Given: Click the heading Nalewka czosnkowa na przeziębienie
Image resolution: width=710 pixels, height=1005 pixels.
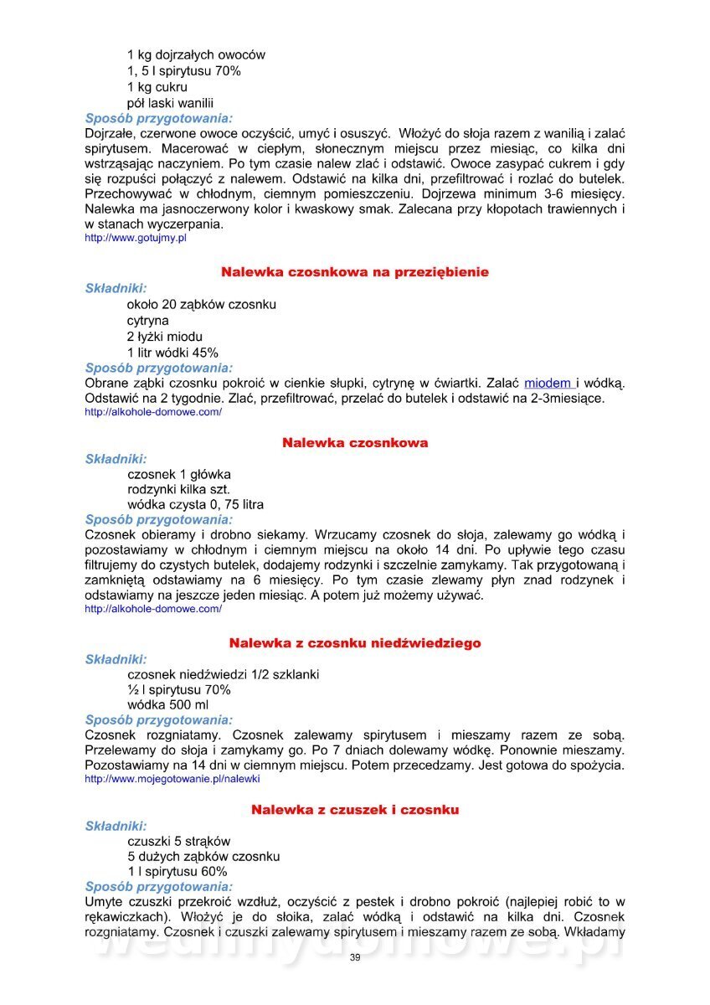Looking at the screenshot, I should coord(355,272).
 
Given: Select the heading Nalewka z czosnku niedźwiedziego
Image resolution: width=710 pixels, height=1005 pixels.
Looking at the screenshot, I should coord(355,643).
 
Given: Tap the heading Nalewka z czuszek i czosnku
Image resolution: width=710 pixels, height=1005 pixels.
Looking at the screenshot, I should coord(355,810).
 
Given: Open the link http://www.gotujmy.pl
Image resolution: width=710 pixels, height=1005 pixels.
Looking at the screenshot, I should coord(136,239).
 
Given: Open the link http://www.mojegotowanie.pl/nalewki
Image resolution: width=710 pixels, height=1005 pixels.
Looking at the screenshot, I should coord(172,778).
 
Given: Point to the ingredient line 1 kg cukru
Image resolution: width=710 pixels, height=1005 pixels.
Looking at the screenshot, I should coord(157,87).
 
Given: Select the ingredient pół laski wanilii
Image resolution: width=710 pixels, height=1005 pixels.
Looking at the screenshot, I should coord(171,103).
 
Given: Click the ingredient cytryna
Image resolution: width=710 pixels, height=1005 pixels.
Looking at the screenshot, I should coord(148,320).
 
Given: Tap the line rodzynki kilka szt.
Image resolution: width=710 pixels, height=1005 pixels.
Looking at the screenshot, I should coord(178,489).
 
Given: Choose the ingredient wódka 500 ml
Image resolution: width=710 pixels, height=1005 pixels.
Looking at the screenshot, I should coord(167,705).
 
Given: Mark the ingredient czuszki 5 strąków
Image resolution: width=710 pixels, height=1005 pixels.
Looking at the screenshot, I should coord(178,841).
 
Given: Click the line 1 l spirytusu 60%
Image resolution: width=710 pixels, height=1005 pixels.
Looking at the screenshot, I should coord(177,872).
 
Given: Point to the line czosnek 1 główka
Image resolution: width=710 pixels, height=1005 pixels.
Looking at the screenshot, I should coord(178,474).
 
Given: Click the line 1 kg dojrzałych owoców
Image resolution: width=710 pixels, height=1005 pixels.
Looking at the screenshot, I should coord(196,55).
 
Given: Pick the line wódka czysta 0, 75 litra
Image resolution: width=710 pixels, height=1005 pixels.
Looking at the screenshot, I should coord(195,505).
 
